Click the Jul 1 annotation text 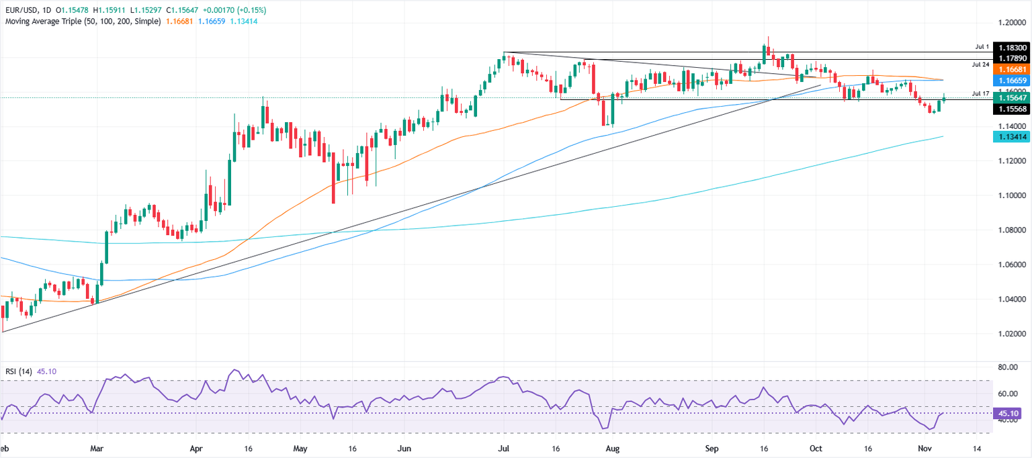click(982, 47)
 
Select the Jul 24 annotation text click(980, 64)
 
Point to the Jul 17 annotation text click(980, 93)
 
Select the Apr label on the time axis click(196, 448)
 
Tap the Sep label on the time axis click(712, 448)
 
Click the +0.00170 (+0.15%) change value click(228, 10)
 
